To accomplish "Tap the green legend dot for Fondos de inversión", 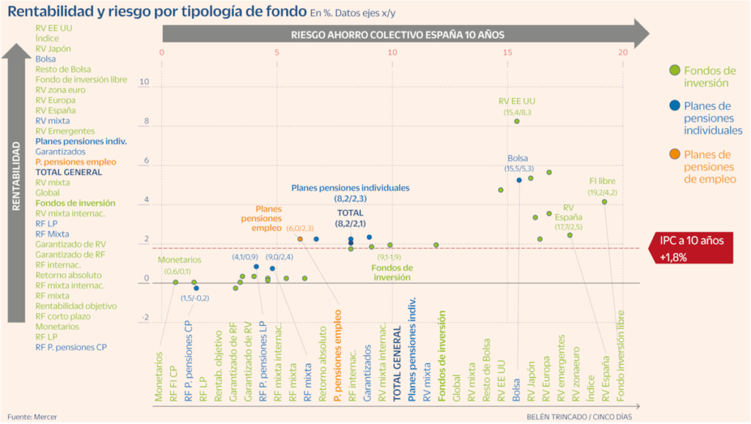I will point(673,70).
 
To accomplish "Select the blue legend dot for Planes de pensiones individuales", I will point(673,105).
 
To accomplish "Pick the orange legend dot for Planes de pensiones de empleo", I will point(673,154).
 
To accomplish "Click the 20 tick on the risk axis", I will point(623,53).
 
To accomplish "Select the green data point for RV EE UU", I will point(516,122).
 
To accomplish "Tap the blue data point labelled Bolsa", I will point(519,179).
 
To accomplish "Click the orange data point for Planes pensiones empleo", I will point(301,239).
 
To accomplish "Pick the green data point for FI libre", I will point(604,202).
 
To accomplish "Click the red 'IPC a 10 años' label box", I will point(693,248).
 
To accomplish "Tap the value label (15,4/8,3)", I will point(517,111).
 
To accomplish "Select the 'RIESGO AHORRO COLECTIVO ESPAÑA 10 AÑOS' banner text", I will point(398,34).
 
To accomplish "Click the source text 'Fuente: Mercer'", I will point(32,417).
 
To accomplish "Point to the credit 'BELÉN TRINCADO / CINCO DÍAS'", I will point(579,417).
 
